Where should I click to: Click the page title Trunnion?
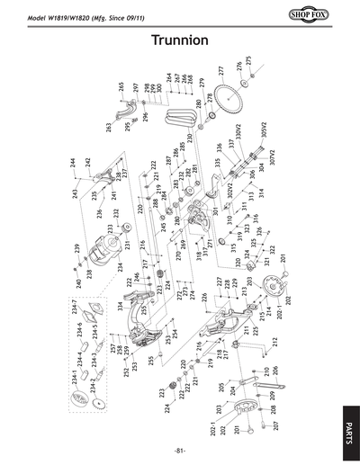pyautogui.click(x=180, y=40)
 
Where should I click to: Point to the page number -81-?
pyautogui.click(x=180, y=450)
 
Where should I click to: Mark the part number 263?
pyautogui.click(x=109, y=128)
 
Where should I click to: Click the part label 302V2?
pyautogui.click(x=230, y=189)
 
